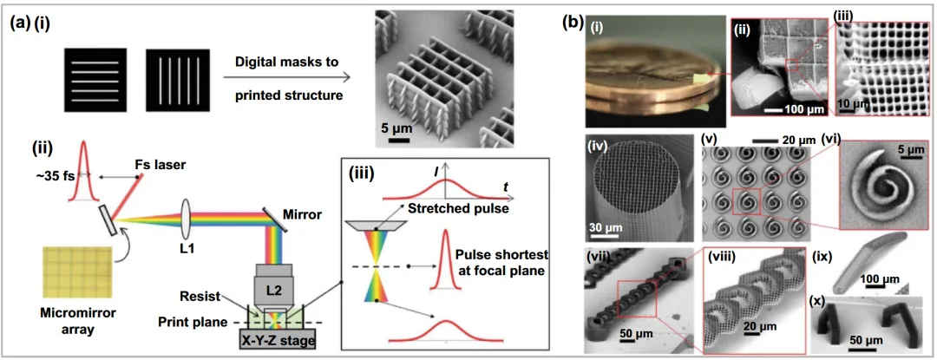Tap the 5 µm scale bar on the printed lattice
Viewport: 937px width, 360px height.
(x=399, y=141)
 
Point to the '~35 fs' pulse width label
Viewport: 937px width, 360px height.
(x=49, y=176)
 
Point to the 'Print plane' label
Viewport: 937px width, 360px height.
(x=191, y=323)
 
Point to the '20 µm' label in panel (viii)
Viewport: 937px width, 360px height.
(x=761, y=327)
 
